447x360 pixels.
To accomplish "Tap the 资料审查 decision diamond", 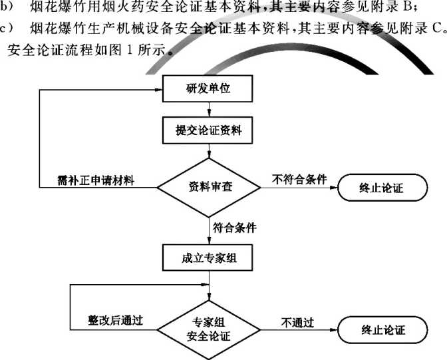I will (x=209, y=186).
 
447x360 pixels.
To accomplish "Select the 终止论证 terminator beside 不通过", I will (x=382, y=329).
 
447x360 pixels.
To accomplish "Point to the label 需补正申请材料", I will (x=96, y=180).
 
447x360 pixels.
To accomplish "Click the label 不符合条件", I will (x=299, y=180).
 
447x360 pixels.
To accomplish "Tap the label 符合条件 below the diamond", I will (x=235, y=228).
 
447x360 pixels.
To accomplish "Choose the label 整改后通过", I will (x=116, y=321).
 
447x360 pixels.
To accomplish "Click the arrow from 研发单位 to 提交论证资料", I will (x=209, y=110).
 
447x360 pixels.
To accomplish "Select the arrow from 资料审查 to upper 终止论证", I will (x=299, y=188).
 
